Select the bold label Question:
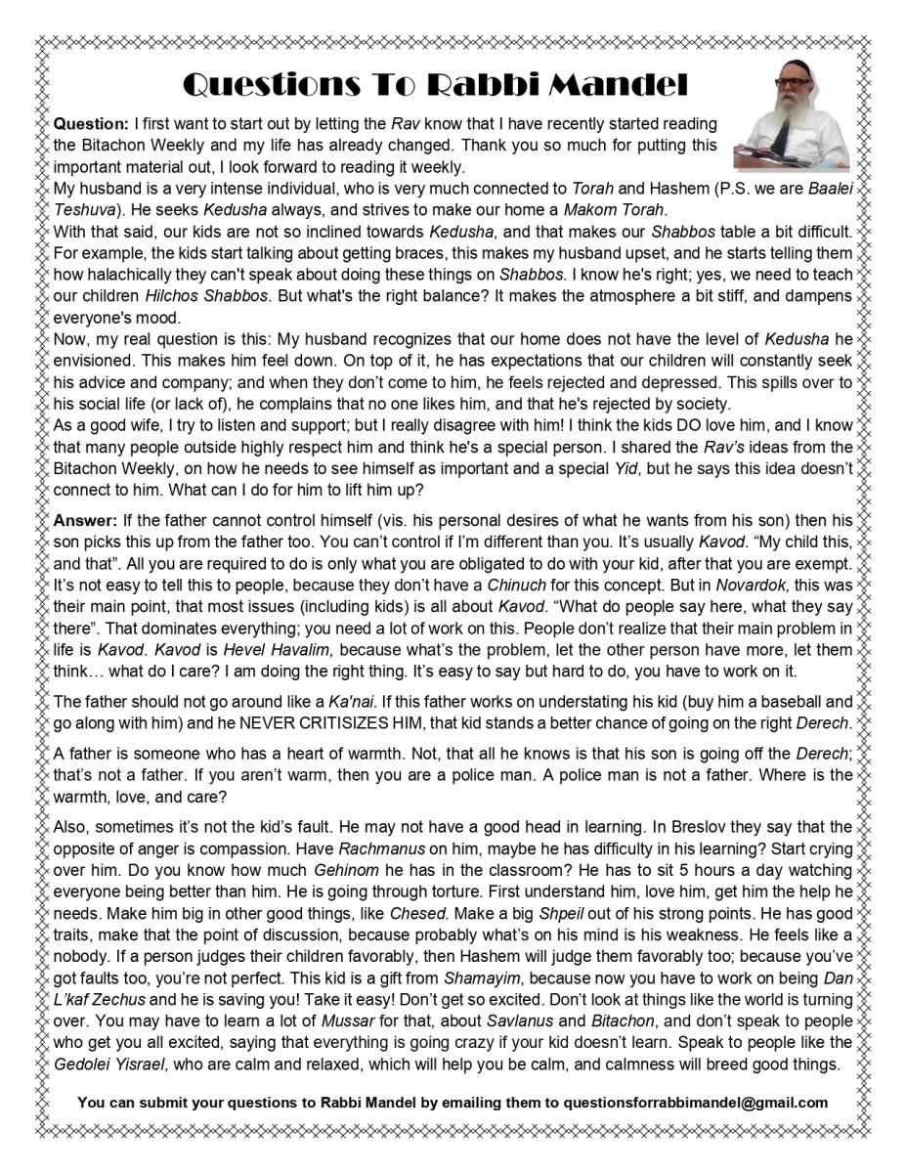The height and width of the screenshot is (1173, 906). (91, 124)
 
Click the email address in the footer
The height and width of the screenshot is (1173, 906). (696, 1102)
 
